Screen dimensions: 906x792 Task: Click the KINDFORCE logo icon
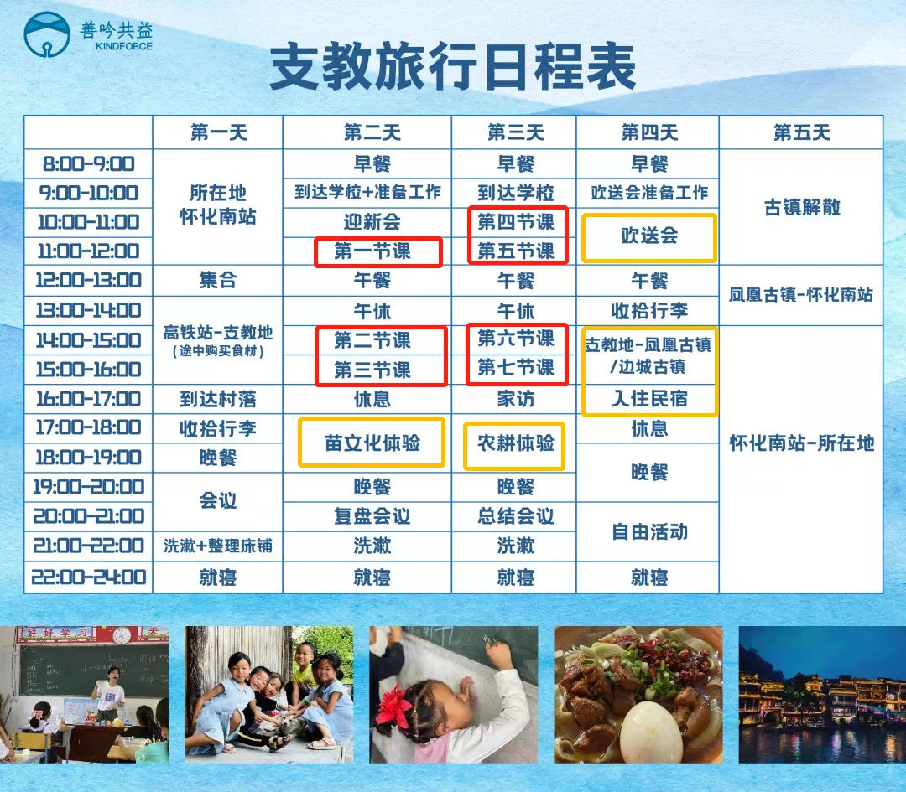pos(47,34)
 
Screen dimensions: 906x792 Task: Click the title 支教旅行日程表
pos(453,67)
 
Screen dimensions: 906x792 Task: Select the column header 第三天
pos(515,132)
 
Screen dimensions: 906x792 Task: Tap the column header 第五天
pos(801,132)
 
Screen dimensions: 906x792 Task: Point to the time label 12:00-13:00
pos(88,281)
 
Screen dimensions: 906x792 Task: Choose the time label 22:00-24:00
pos(88,577)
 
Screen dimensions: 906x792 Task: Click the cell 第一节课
pos(372,251)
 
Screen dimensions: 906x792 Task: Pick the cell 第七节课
pos(515,367)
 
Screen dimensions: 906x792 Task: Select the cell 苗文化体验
pos(372,443)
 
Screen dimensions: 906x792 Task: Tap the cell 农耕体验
pos(515,443)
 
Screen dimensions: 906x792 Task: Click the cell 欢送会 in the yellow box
pos(649,236)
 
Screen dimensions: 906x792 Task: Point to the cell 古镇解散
pos(801,207)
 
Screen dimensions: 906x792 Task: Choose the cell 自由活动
pos(649,531)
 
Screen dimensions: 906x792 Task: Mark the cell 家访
pos(515,398)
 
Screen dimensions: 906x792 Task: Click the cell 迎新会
pos(372,221)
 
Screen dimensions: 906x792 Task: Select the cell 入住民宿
pos(649,398)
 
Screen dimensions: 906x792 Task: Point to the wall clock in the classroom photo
pos(122,635)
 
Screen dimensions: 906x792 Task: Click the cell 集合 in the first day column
pos(218,281)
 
